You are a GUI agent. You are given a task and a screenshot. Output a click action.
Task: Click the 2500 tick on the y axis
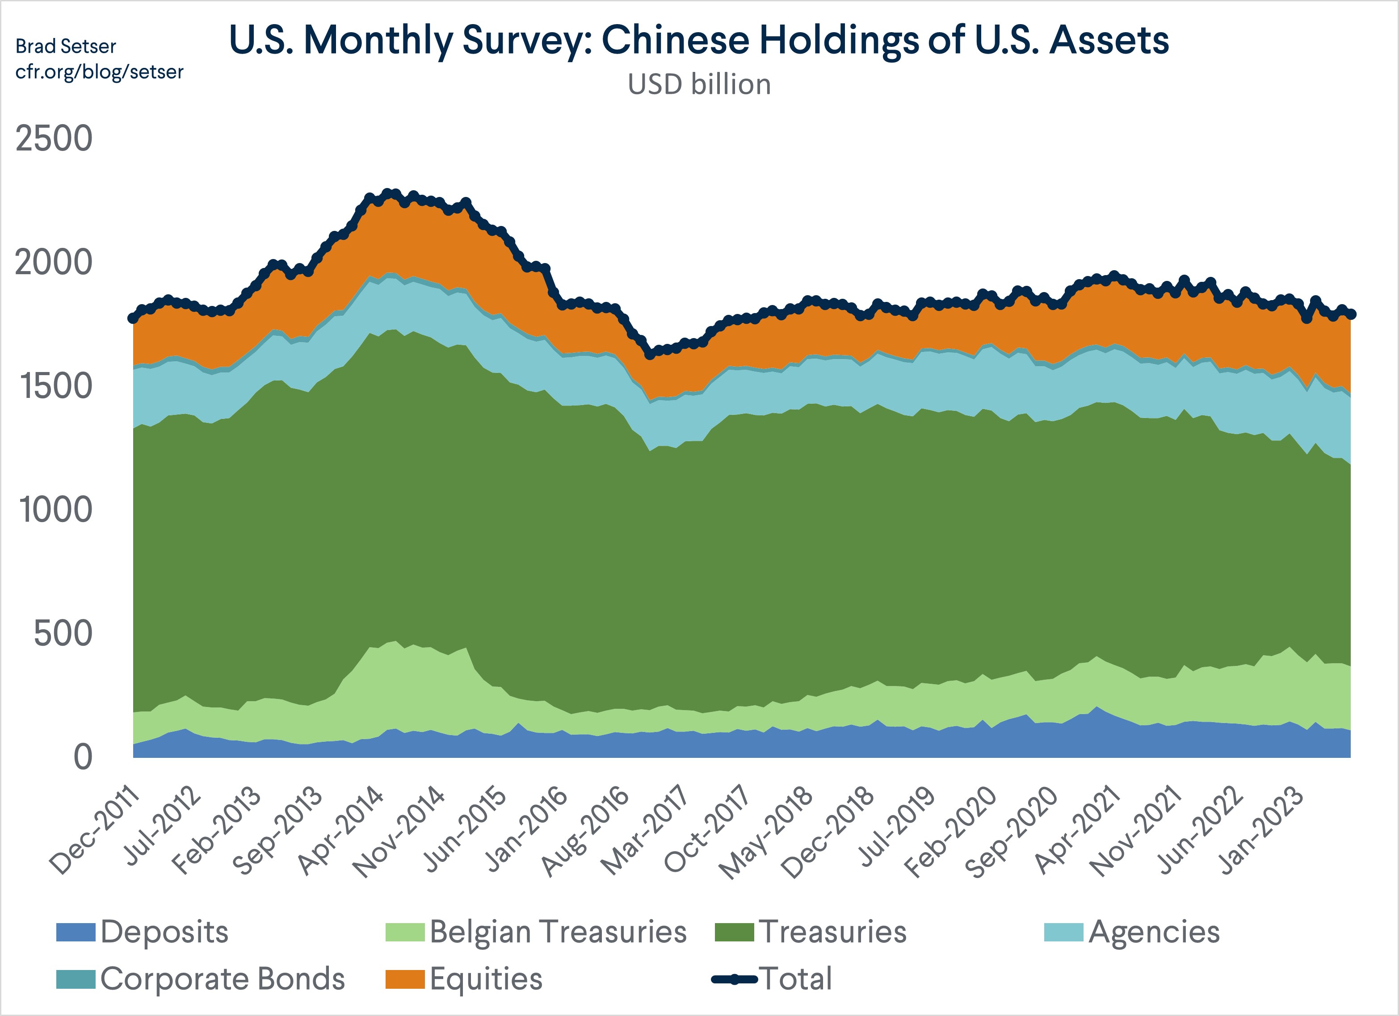click(54, 139)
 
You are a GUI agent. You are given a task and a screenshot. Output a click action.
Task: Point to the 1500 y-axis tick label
click(55, 387)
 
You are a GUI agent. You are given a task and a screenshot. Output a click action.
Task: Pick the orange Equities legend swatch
click(405, 979)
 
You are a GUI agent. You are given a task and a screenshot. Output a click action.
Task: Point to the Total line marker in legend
click(734, 979)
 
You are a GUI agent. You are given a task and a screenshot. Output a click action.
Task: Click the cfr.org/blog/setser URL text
click(99, 72)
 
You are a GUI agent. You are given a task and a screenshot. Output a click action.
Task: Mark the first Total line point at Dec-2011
click(133, 318)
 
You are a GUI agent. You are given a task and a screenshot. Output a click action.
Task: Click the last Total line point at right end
click(1351, 314)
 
